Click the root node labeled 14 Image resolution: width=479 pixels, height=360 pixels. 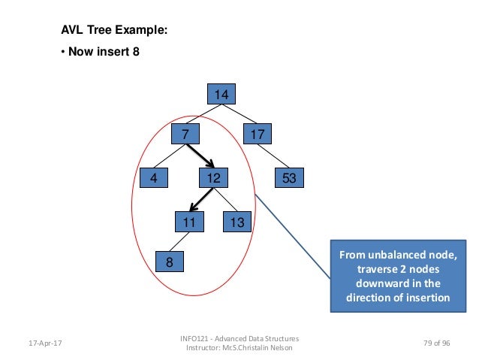point(221,94)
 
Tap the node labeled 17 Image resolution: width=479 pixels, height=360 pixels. point(259,135)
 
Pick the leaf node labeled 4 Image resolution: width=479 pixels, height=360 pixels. point(153,178)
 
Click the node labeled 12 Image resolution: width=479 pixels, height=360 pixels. point(212,178)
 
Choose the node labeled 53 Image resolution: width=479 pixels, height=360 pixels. point(287,178)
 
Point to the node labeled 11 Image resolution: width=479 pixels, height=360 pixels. point(188,222)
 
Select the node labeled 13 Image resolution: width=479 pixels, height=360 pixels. point(237,222)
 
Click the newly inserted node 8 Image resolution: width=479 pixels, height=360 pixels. point(169,262)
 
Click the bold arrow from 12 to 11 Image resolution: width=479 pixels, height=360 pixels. point(198,200)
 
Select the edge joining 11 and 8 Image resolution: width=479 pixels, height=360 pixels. point(177,242)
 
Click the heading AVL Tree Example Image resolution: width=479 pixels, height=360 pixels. point(114,31)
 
